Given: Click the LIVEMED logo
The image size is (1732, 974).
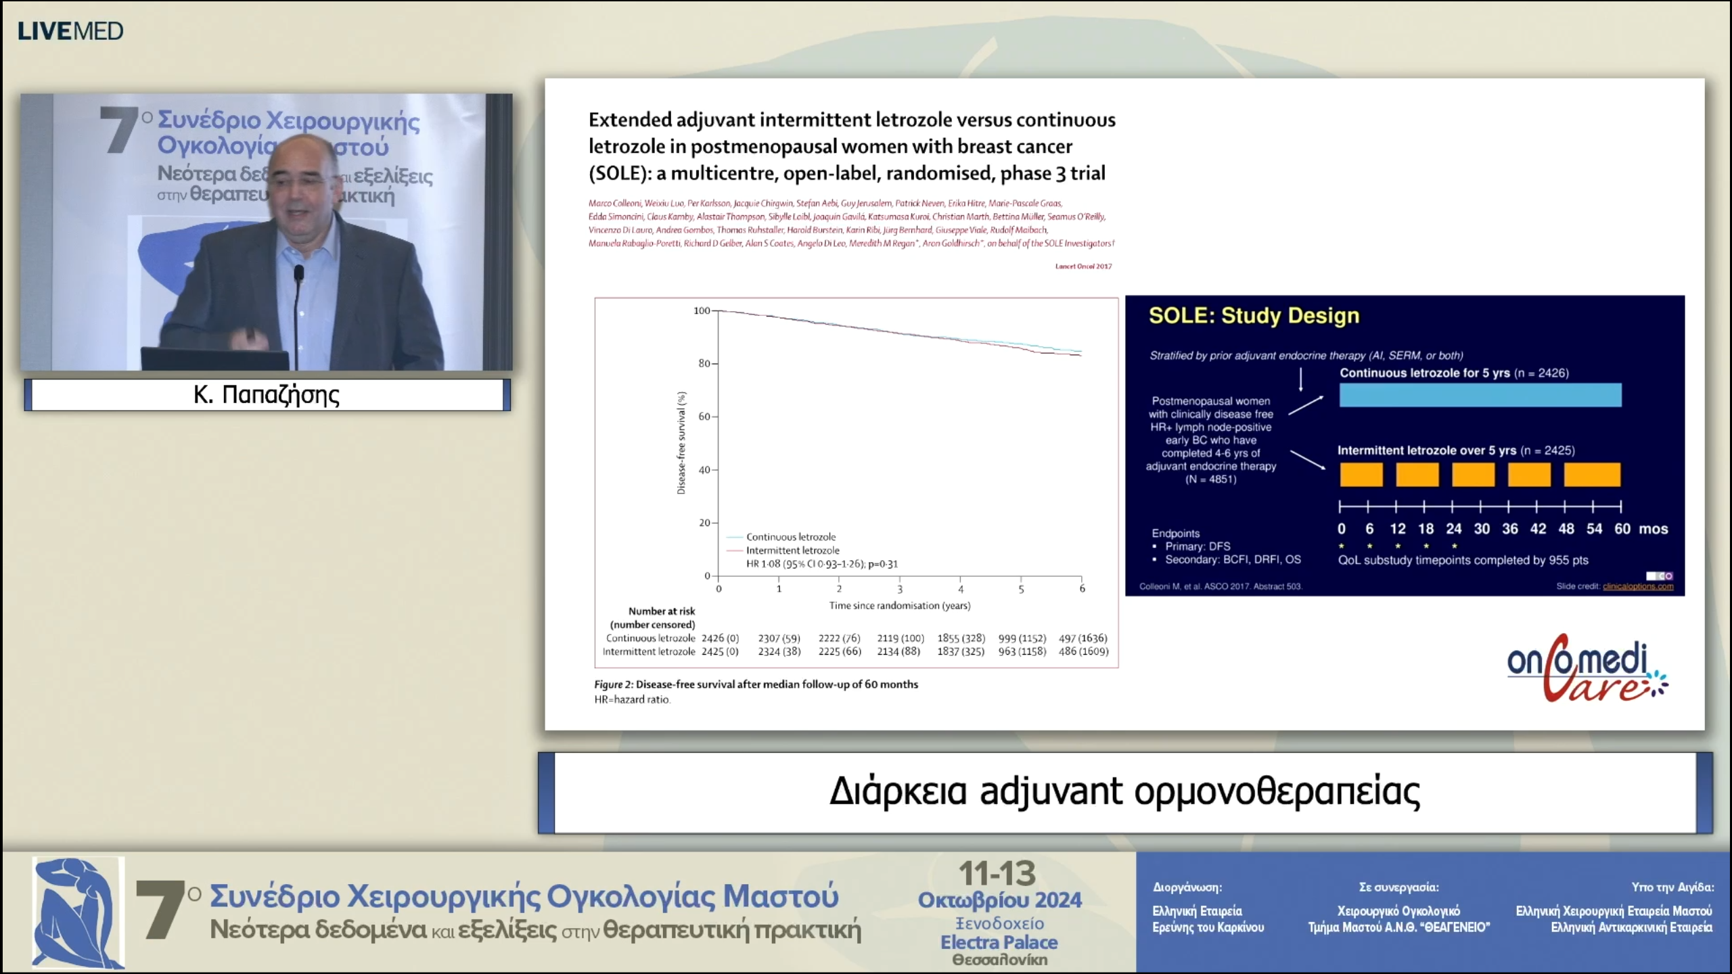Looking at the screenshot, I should click(70, 31).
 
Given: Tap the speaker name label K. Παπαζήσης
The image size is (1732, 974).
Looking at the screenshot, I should click(267, 394).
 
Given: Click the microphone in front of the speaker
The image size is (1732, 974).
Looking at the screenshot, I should click(298, 274).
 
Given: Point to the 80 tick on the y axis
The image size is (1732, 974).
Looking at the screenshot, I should click(704, 363).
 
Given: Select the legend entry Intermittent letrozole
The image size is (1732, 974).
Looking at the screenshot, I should click(792, 551).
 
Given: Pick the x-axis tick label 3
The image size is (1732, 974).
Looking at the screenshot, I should click(900, 589).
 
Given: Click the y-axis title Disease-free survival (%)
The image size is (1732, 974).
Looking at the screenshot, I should click(681, 443).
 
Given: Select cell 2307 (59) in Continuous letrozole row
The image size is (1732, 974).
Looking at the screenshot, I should click(779, 638).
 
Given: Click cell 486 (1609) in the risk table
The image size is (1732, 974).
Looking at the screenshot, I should click(1083, 651).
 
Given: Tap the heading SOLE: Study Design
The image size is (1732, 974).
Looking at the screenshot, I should click(1254, 316).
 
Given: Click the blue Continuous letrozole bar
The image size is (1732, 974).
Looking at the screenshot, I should click(1480, 395).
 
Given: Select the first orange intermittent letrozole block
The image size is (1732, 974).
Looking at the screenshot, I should click(1361, 474).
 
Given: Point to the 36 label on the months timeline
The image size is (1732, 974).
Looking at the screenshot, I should click(1509, 529).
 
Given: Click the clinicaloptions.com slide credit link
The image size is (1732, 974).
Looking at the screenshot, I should click(1637, 586).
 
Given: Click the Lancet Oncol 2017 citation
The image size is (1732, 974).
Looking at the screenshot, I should click(1083, 266).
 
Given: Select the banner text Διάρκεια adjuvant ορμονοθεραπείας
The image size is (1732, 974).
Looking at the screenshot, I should click(1124, 791).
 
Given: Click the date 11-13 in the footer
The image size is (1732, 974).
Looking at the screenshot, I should click(997, 873).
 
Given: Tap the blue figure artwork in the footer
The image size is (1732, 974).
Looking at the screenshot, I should click(78, 912).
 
